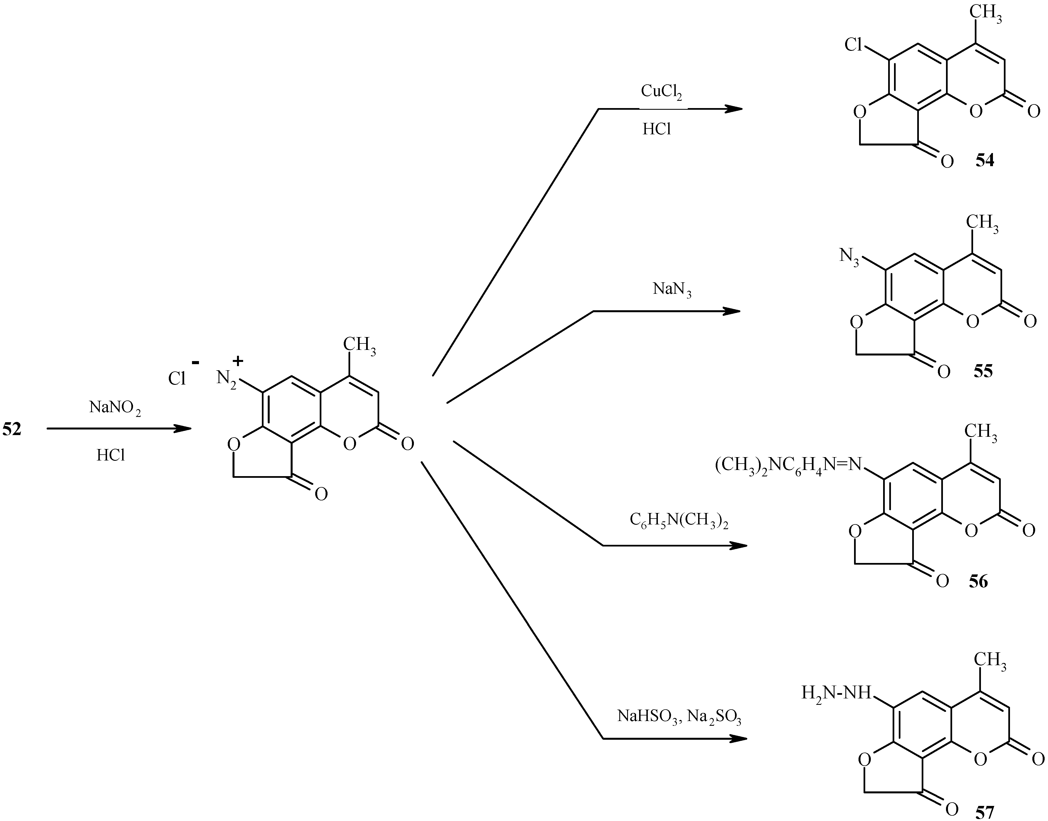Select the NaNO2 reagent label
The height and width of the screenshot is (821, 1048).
(115, 408)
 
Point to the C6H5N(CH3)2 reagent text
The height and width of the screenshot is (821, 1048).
(679, 521)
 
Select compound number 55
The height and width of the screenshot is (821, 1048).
(983, 372)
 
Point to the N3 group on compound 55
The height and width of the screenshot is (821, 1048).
(849, 256)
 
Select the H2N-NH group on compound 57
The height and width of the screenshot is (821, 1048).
(836, 693)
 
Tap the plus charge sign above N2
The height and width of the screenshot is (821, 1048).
(238, 361)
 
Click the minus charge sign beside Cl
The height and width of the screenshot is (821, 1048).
(195, 361)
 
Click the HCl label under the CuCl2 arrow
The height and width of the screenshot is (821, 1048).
(656, 129)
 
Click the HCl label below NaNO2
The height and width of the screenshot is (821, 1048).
(111, 455)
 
